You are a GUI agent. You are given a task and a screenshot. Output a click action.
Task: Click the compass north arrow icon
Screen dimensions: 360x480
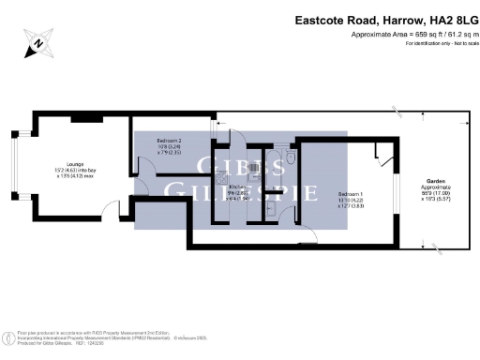(x=37, y=41)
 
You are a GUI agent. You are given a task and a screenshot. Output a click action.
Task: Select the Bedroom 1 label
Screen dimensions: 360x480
(x=350, y=194)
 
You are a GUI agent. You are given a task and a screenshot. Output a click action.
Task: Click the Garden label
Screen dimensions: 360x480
(x=436, y=180)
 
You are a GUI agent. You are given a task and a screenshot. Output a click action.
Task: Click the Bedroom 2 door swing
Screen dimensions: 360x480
(x=144, y=167)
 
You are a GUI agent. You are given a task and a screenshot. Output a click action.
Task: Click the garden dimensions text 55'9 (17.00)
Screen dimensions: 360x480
(x=436, y=193)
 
